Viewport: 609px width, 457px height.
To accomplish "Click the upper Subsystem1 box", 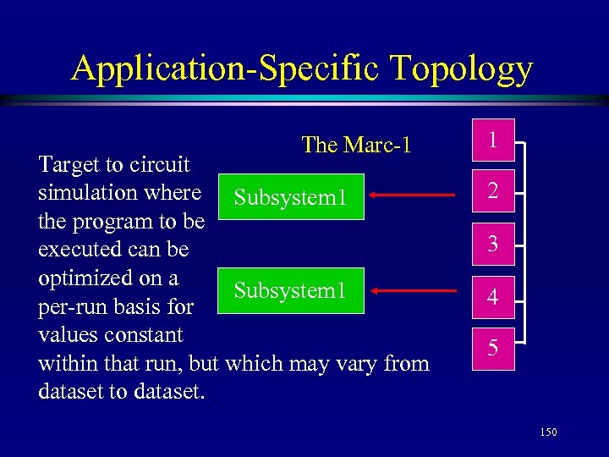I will coord(291,197).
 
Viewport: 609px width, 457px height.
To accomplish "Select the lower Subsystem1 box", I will coord(291,291).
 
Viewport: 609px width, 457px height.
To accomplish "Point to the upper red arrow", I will coord(414,195).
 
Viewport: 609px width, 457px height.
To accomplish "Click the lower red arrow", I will coord(414,291).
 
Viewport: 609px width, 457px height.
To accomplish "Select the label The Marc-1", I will coord(356,145).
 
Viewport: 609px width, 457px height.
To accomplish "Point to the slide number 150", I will coord(548,432).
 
